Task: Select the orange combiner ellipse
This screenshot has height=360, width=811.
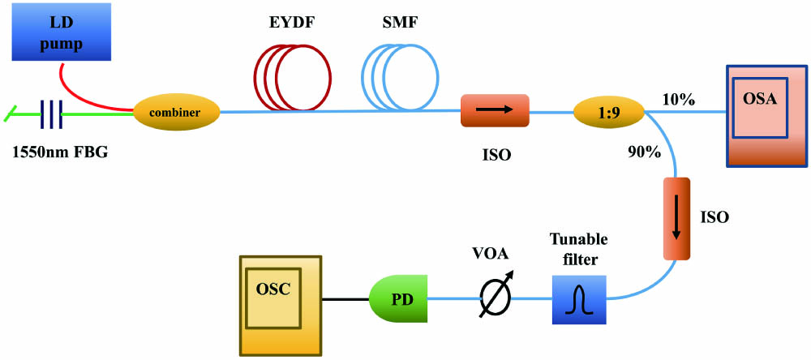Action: (x=178, y=113)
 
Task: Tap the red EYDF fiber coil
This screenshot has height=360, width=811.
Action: (x=294, y=75)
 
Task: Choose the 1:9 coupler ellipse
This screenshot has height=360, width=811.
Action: (x=607, y=112)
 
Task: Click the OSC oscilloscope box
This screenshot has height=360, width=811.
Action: (x=280, y=304)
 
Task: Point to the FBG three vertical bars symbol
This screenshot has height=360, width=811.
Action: (x=52, y=114)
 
